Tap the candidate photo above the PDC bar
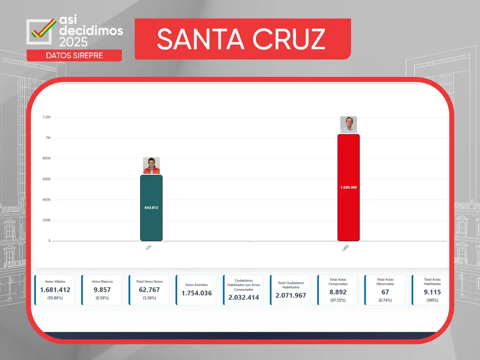point(151,165)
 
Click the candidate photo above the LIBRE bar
point(348,125)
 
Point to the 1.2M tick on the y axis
point(46,117)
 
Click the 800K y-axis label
point(46,158)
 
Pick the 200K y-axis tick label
point(46,220)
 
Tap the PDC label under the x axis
point(149,247)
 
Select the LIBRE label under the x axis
point(345,248)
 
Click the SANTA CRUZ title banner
point(241,39)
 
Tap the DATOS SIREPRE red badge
point(74,55)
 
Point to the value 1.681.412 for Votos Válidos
point(55,290)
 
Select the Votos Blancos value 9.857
point(102,290)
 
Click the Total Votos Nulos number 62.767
point(149,290)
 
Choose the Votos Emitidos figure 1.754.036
point(196,293)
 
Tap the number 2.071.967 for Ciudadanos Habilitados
point(291,296)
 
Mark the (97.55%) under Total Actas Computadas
point(337,300)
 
